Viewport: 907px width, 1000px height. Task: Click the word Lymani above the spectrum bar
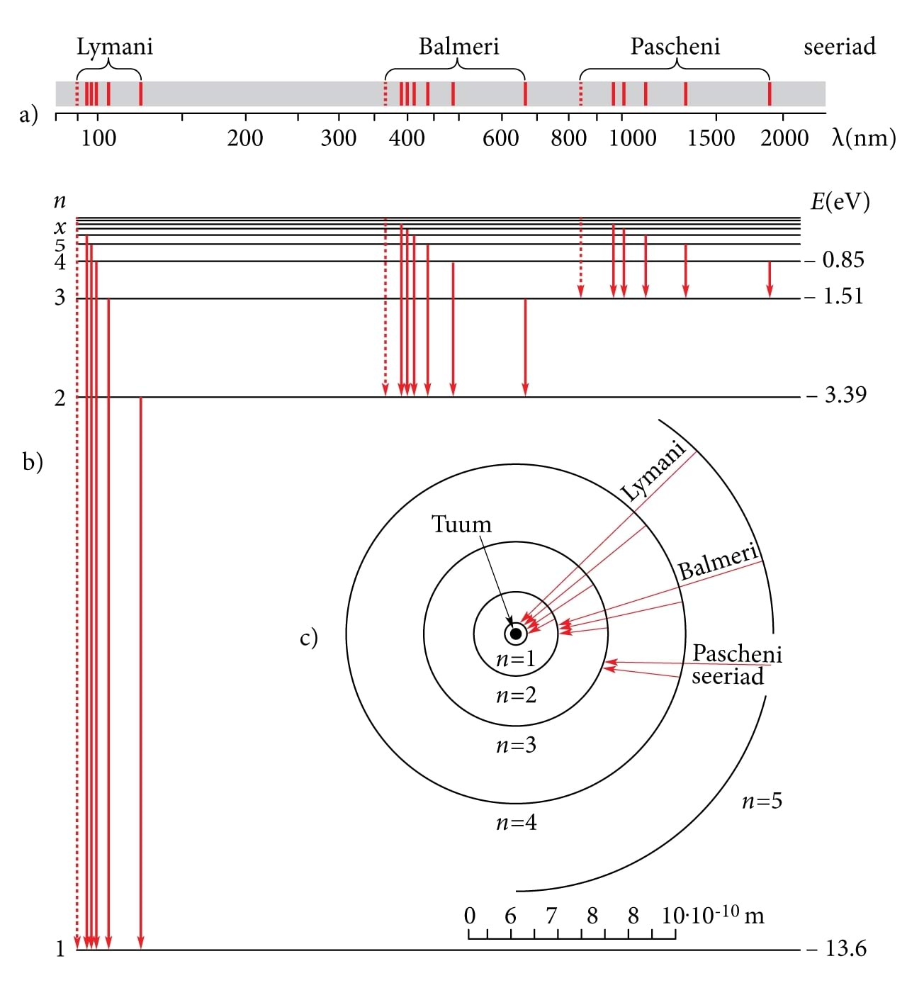(x=114, y=47)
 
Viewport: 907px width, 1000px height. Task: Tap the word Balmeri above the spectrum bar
(x=458, y=47)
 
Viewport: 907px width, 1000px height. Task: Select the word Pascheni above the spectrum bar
(x=675, y=47)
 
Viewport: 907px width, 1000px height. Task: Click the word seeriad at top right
(x=839, y=47)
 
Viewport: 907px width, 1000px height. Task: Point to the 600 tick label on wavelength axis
(x=500, y=137)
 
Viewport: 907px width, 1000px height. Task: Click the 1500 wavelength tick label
(x=711, y=137)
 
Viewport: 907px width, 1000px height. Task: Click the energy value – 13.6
(x=837, y=948)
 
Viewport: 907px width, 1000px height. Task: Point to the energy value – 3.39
(x=837, y=395)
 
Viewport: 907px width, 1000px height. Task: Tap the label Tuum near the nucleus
(x=461, y=524)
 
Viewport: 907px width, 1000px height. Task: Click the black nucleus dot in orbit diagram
(x=516, y=634)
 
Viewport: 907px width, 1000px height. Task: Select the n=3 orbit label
(x=516, y=745)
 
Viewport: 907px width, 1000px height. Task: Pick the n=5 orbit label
(x=762, y=802)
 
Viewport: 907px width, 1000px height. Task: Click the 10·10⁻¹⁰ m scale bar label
(x=712, y=915)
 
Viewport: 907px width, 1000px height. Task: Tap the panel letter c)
(x=309, y=638)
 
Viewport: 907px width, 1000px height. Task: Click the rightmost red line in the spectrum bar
(x=770, y=94)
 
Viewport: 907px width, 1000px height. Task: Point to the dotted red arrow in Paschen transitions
(x=581, y=259)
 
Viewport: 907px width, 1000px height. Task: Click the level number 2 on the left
(x=60, y=398)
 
